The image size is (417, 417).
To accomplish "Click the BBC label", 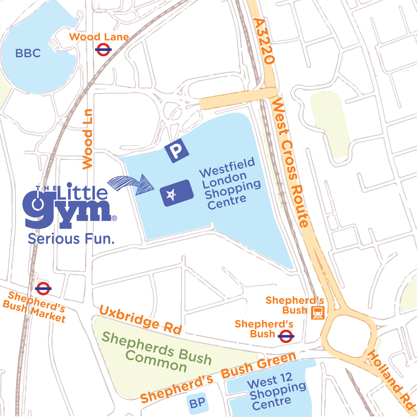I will (28, 53).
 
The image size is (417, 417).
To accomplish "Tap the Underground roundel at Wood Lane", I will (103, 49).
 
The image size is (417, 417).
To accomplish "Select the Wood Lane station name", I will (99, 37).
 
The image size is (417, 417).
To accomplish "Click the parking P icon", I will (177, 151).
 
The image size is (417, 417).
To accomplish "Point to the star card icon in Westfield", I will (177, 193).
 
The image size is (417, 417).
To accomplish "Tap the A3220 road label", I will (264, 41).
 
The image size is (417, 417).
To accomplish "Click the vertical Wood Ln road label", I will (88, 139).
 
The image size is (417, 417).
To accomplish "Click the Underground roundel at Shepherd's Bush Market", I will (43, 288).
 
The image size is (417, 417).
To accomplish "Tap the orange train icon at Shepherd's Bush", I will (318, 313).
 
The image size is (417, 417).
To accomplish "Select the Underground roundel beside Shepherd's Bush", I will (286, 336).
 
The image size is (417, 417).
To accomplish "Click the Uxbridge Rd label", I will (140, 320).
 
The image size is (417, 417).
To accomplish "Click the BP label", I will (197, 403).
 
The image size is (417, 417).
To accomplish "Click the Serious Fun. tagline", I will (71, 239).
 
